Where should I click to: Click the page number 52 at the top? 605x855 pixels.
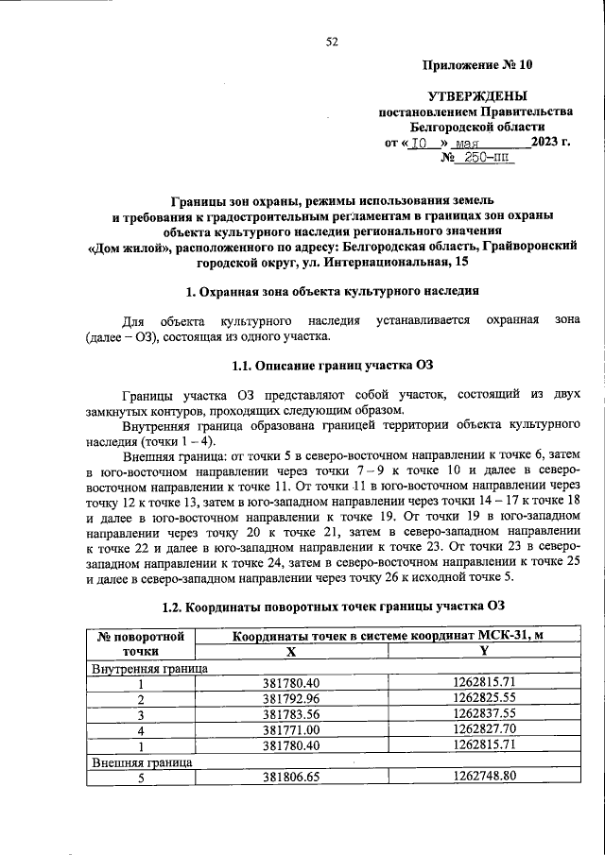tap(332, 41)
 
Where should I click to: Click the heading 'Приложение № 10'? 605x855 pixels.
tap(476, 65)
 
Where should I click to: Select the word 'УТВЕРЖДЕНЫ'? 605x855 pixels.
tap(477, 95)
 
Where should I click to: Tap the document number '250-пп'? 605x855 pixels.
tap(483, 158)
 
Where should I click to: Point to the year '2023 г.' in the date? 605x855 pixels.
tap(552, 142)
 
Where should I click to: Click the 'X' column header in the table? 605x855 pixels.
tap(291, 651)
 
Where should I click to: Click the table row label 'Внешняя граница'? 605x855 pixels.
tap(142, 761)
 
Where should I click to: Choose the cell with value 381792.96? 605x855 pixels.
tap(291, 699)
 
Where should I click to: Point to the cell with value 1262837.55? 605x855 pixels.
tap(484, 714)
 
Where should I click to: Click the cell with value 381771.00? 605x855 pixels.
tap(291, 730)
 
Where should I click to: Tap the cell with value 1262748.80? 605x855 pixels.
tap(484, 777)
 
